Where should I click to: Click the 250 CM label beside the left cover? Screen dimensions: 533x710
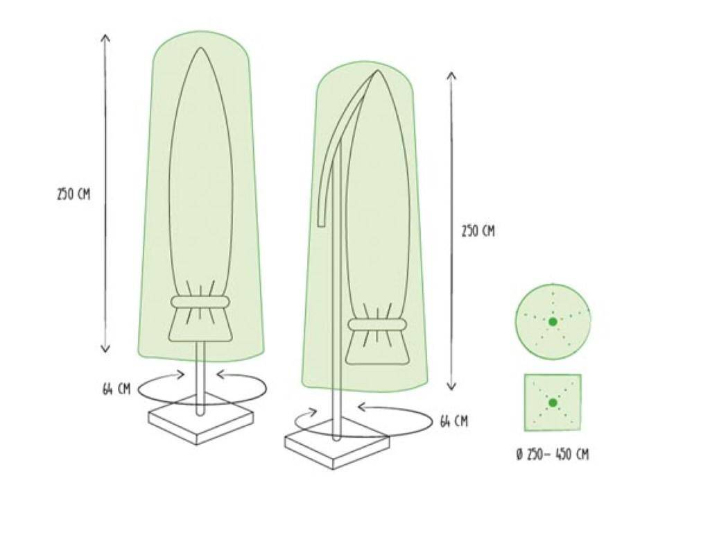73,194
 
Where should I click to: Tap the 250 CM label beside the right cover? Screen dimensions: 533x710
478,231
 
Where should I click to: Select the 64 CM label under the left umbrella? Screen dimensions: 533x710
116,389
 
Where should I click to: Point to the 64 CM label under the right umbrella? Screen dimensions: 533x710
453,421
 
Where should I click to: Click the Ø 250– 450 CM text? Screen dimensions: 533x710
553,455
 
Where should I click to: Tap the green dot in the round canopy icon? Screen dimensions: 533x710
553,321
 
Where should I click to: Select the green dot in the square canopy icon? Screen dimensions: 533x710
553,403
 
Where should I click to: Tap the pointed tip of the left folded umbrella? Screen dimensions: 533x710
200,49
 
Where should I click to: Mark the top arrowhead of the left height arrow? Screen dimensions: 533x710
105,36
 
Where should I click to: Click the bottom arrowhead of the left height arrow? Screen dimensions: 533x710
105,350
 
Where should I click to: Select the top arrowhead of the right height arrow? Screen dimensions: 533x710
451,74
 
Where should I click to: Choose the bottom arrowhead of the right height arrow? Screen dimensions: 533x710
451,388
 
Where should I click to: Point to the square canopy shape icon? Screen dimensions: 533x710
553,403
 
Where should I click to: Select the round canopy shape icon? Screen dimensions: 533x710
553,321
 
